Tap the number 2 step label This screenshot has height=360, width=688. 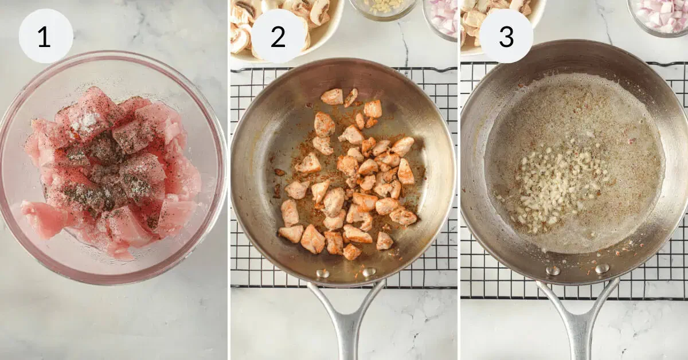(x=278, y=36)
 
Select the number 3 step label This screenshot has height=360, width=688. (x=506, y=36)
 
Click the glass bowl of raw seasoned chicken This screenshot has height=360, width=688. (x=112, y=167)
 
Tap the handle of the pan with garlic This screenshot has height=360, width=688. (x=577, y=319)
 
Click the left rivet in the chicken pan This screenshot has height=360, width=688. (x=323, y=273)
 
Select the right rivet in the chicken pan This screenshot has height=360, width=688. (x=369, y=272)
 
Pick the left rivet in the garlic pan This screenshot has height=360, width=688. (x=553, y=271)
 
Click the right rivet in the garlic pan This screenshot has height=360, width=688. (x=603, y=268)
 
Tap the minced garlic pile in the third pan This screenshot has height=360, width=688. (x=553, y=187)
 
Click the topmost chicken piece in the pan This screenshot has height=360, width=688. (x=332, y=96)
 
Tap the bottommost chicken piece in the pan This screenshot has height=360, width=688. (x=351, y=252)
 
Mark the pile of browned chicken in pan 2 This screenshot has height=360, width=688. (x=349, y=175)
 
